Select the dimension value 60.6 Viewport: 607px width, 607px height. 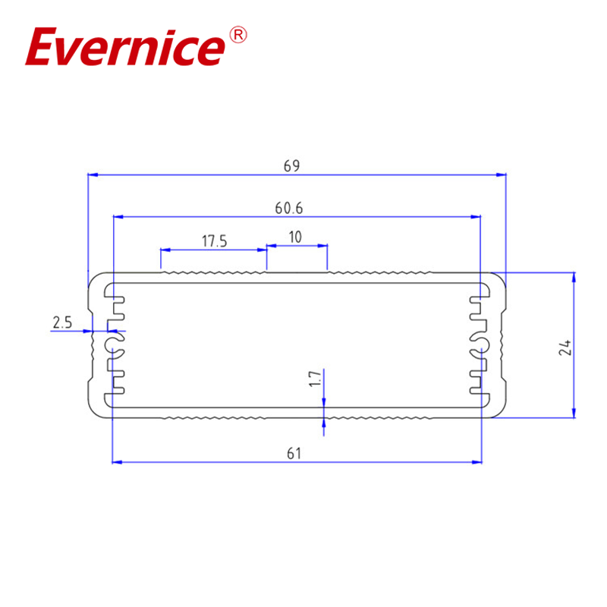294,207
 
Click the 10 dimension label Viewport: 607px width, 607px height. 295,237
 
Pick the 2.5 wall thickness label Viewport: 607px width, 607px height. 61,322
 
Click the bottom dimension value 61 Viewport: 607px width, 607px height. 294,454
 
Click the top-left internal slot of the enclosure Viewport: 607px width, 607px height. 112,291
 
